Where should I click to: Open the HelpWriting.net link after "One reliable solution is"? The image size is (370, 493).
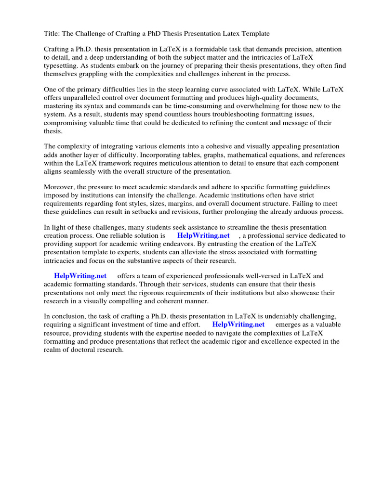[x=203, y=235]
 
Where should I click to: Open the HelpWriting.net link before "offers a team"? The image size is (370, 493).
[x=80, y=276]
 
